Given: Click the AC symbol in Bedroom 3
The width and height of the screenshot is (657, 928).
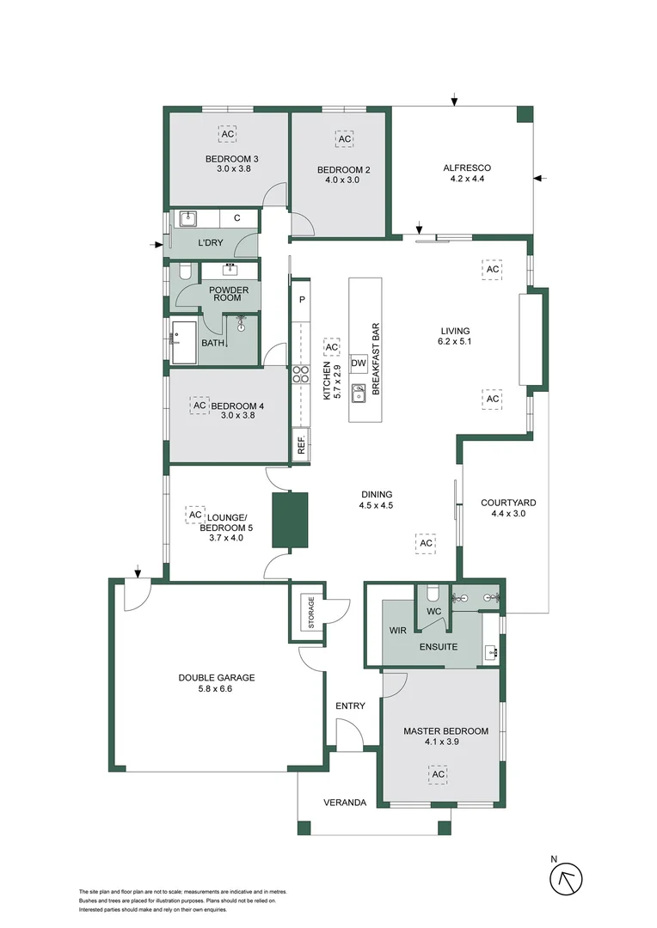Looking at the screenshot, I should pyautogui.click(x=228, y=135).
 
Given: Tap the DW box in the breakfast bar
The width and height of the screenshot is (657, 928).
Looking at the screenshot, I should pyautogui.click(x=359, y=363).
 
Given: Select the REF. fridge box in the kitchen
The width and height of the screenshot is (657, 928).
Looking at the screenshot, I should pyautogui.click(x=302, y=445).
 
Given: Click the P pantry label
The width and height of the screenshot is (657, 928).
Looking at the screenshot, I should pyautogui.click(x=302, y=300).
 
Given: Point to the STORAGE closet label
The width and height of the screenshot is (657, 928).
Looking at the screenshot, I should pyautogui.click(x=310, y=611).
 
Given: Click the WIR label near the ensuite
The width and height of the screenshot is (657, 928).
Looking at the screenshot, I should pyautogui.click(x=397, y=630).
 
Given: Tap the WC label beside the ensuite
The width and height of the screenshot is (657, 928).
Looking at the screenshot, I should pyautogui.click(x=433, y=612).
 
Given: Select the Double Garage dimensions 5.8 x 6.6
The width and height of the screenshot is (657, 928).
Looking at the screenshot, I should pyautogui.click(x=217, y=689).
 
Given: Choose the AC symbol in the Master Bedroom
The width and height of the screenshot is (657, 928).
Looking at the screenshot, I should pyautogui.click(x=438, y=774).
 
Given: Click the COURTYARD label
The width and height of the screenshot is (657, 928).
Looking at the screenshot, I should pyautogui.click(x=508, y=503).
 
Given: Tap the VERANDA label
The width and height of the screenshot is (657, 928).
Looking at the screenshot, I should pyautogui.click(x=345, y=803).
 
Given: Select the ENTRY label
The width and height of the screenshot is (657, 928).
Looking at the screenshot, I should pyautogui.click(x=351, y=705).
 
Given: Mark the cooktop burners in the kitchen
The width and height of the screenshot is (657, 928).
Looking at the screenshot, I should pyautogui.click(x=302, y=374).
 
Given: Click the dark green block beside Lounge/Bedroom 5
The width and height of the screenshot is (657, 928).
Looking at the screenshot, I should pyautogui.click(x=290, y=520).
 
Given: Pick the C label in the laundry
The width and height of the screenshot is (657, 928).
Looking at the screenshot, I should pyautogui.click(x=236, y=219).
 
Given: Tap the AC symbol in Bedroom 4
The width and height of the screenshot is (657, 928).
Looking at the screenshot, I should pyautogui.click(x=200, y=405).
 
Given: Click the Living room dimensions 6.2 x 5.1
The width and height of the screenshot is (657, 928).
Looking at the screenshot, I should pyautogui.click(x=456, y=341).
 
